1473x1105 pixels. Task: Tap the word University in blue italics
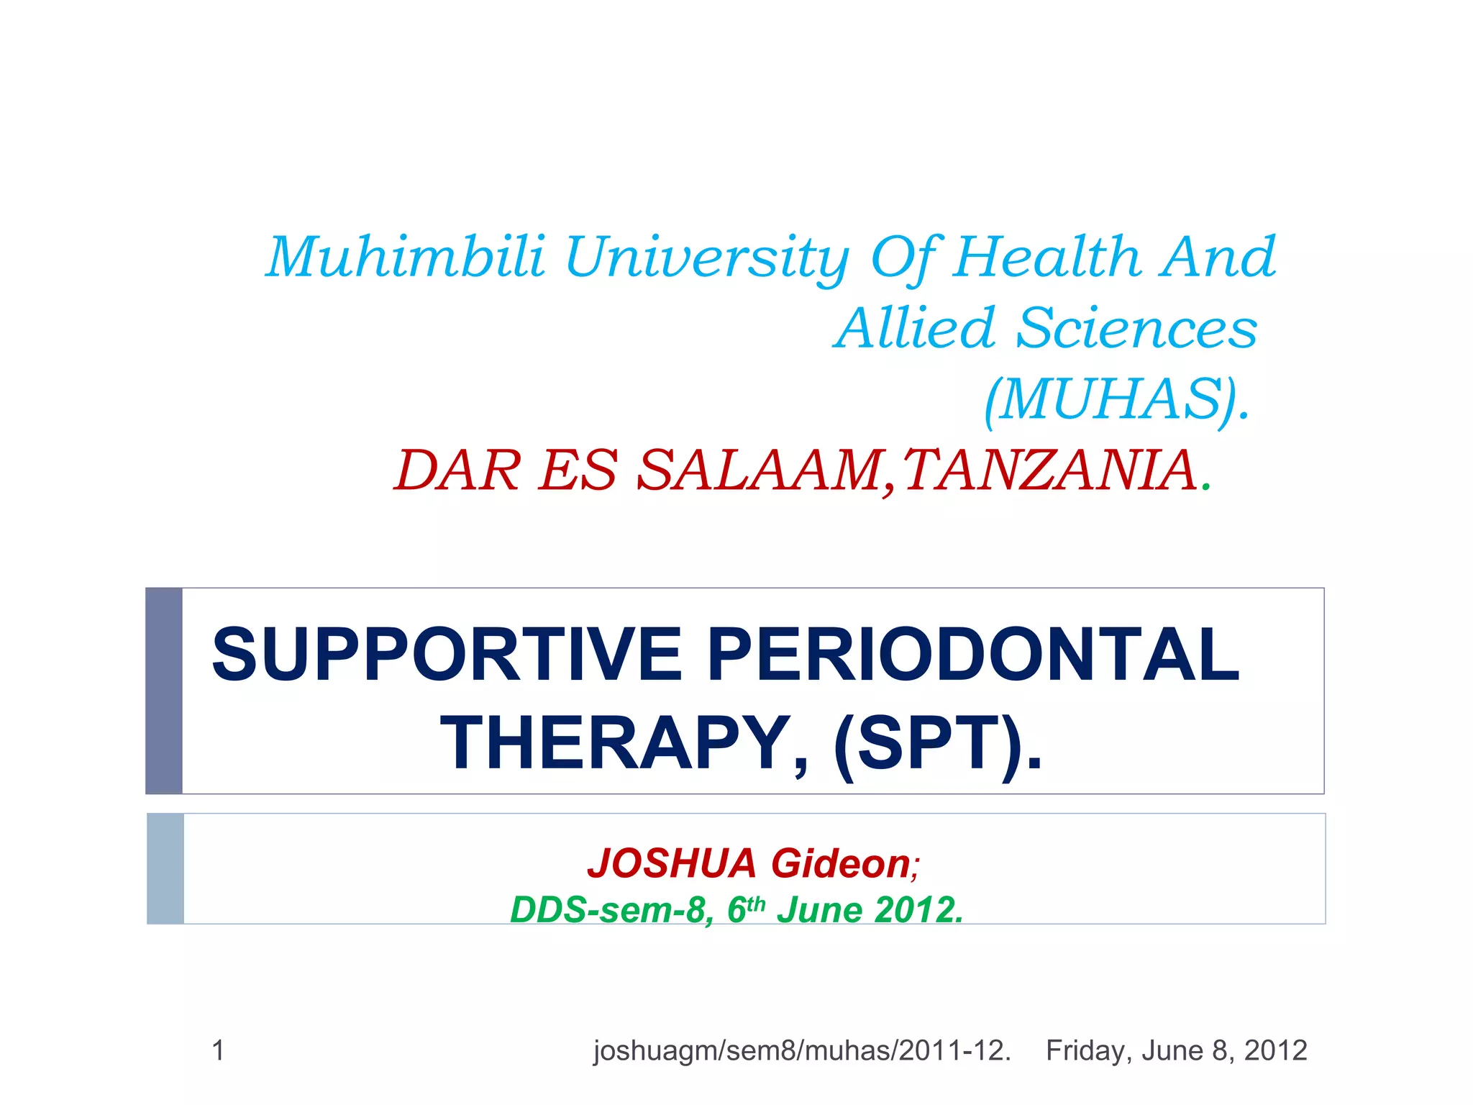point(707,258)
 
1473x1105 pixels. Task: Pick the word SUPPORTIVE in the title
point(446,655)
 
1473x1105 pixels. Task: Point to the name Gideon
point(840,863)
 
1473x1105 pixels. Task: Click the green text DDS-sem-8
point(611,910)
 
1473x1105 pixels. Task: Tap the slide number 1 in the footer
point(219,1051)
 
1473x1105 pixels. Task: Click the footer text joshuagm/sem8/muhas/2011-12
point(801,1051)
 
